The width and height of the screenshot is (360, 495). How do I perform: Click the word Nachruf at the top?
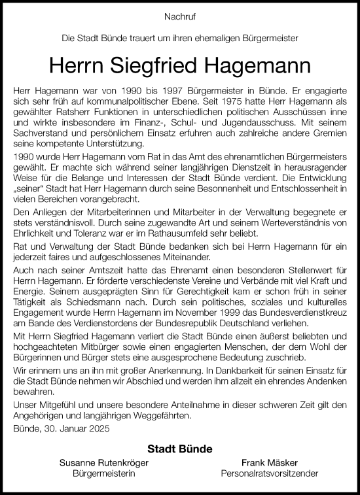click(179, 14)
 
